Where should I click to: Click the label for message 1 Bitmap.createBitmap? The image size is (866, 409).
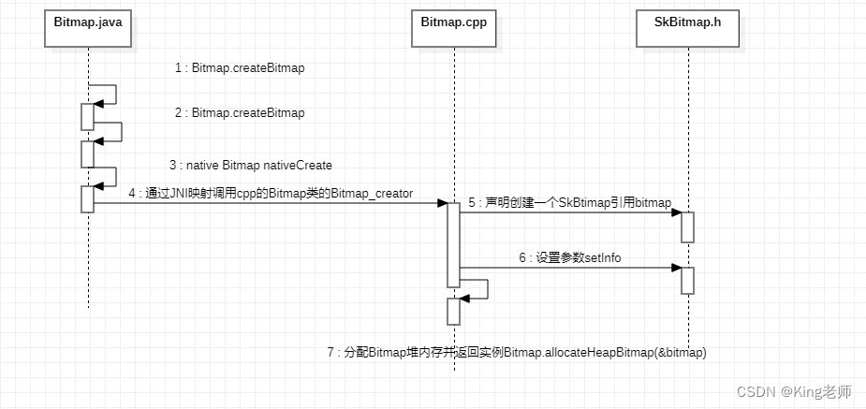click(x=240, y=68)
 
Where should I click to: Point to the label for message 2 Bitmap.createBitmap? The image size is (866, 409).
click(x=240, y=113)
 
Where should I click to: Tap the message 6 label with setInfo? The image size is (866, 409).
click(x=569, y=257)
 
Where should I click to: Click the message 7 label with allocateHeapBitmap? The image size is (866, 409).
click(x=517, y=353)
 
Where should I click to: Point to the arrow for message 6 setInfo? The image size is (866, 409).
click(x=570, y=269)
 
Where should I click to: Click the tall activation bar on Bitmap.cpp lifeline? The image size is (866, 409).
click(x=453, y=244)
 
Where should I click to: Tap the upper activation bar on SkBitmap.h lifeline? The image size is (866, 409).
click(x=687, y=227)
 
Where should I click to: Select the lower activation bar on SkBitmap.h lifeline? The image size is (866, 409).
click(x=687, y=281)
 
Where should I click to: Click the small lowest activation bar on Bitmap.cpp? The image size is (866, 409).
click(x=453, y=311)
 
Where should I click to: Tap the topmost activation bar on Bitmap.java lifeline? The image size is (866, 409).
click(x=87, y=116)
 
